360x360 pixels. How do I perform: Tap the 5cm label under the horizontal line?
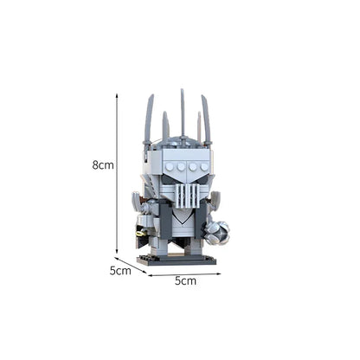click(x=185, y=281)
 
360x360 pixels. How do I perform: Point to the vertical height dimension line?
click(x=118, y=173)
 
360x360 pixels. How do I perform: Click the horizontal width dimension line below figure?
click(x=185, y=274)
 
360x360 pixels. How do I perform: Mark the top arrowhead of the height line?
click(x=118, y=96)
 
